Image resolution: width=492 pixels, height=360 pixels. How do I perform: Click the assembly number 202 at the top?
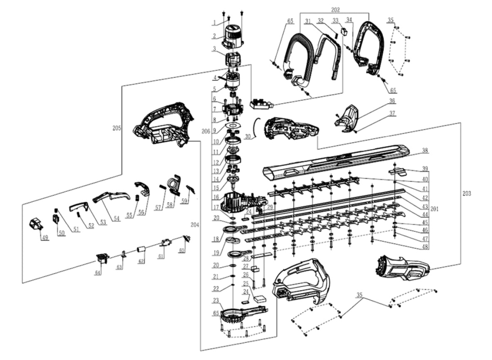pyautogui.click(x=335, y=10)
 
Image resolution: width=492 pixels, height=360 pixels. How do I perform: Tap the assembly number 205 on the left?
pyautogui.click(x=117, y=128)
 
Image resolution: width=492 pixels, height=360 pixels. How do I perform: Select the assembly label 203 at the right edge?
pyautogui.click(x=467, y=194)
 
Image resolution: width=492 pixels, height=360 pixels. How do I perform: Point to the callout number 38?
pyautogui.click(x=424, y=151)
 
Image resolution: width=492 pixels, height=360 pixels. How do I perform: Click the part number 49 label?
pyautogui.click(x=44, y=237)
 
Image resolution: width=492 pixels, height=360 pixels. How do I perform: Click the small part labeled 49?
pyautogui.click(x=35, y=224)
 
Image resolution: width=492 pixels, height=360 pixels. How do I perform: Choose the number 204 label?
pyautogui.click(x=195, y=224)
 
